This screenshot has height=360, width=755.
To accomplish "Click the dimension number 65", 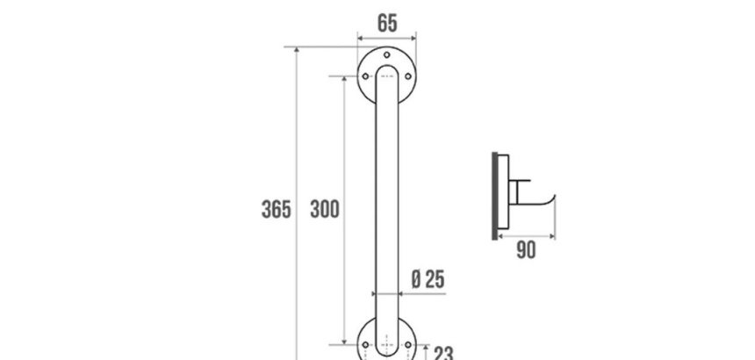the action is tap(387, 23).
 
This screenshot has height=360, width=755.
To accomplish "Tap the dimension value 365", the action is tap(277, 209).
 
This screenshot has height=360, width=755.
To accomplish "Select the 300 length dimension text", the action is tap(325, 209).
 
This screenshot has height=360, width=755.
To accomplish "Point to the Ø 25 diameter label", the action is tap(428, 279).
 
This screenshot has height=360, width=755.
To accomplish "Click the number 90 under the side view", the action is tap(526, 250).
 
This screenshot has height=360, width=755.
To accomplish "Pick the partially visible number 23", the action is tap(443, 353).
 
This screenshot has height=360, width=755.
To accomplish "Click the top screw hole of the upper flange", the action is tap(386, 54).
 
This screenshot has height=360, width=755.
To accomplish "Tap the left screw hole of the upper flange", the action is tap(365, 76).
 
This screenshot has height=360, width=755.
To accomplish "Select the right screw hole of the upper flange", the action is tap(408, 76).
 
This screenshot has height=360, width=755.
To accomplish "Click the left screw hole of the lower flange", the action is tap(365, 344).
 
